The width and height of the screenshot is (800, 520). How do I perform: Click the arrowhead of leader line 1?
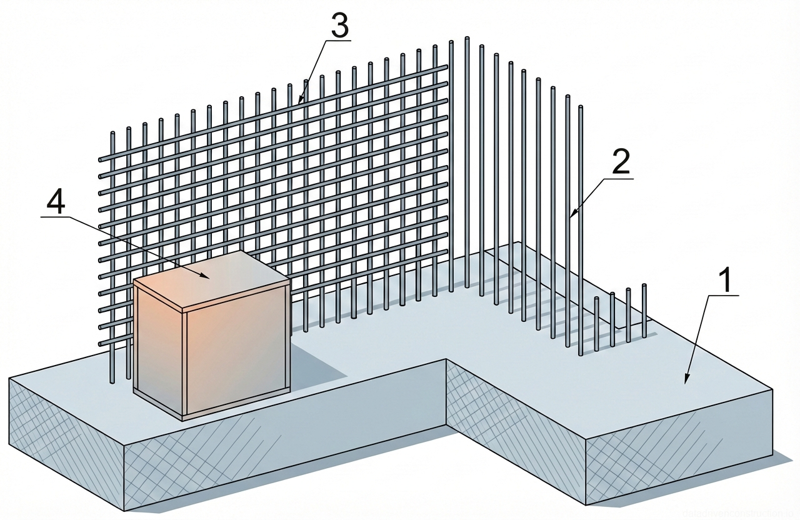(686, 381)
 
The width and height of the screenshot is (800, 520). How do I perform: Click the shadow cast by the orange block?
(319, 362)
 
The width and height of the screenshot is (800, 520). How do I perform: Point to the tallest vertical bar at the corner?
(466, 162)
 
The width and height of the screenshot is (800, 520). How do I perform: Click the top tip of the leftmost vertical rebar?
(112, 134)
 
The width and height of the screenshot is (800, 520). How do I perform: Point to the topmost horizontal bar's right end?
(445, 67)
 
